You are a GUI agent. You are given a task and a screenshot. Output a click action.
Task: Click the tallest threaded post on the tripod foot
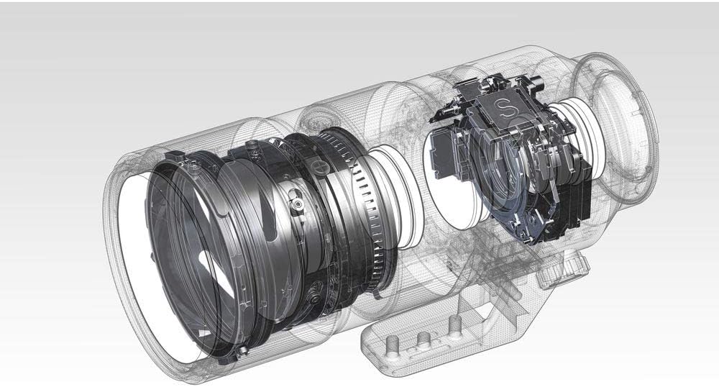pos(454,324)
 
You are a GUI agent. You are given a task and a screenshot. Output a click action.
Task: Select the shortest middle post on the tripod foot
pos(423,339)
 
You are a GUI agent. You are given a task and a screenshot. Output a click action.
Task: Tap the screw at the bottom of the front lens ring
pos(242,352)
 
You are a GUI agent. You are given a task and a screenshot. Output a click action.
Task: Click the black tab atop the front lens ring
pos(174,157)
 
